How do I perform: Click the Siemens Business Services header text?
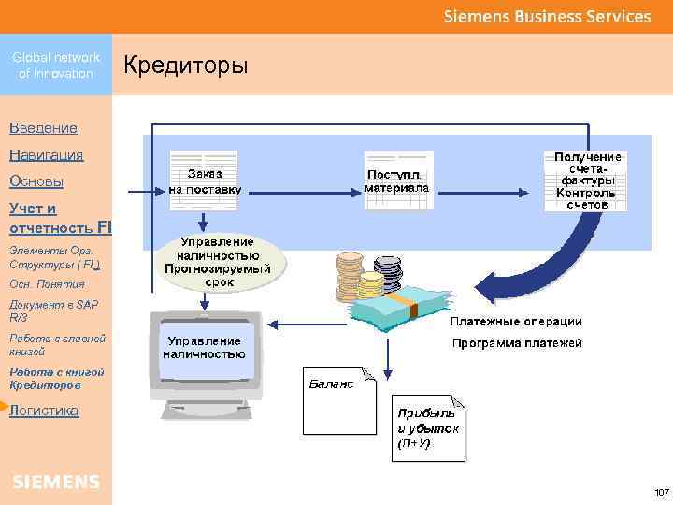tap(547, 16)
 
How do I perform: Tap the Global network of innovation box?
tap(56, 65)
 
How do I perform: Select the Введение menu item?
tap(43, 127)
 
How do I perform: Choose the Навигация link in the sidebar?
tap(46, 154)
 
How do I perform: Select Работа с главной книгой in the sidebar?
tap(56, 344)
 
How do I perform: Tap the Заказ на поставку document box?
tap(205, 180)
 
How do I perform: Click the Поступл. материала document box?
tap(396, 180)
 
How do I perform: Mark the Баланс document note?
tap(339, 394)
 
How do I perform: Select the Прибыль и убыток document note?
tap(427, 428)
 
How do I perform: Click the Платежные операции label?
tap(515, 322)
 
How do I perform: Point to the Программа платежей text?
tap(517, 343)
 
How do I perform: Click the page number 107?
tap(661, 492)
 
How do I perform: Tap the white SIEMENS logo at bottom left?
tap(56, 482)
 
